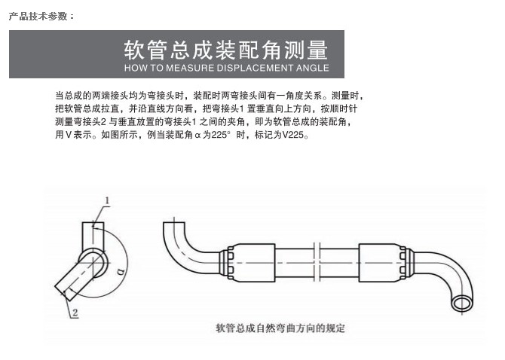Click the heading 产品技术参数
(41, 16)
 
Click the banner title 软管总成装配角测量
(226, 50)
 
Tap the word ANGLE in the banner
(313, 68)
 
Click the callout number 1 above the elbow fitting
(107, 201)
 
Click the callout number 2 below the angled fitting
(75, 313)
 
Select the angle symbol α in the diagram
(121, 272)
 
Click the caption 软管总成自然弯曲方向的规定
(280, 328)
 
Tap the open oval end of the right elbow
(462, 304)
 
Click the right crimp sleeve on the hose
(382, 263)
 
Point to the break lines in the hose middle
(317, 261)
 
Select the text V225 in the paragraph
(292, 135)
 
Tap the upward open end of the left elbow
(174, 223)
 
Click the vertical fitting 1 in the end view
(93, 236)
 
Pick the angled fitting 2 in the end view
(75, 277)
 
